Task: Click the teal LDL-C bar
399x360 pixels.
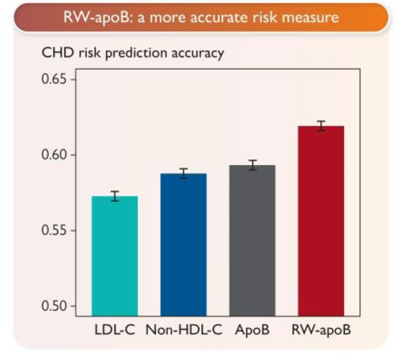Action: (114, 252)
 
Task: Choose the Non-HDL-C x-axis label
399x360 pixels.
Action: (184, 331)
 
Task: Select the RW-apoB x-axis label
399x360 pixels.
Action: (321, 331)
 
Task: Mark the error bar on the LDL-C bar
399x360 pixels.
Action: (114, 196)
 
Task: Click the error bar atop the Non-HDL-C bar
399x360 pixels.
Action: (183, 173)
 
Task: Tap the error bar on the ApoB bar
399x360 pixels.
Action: (252, 165)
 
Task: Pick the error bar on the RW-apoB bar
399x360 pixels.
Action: (321, 125)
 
